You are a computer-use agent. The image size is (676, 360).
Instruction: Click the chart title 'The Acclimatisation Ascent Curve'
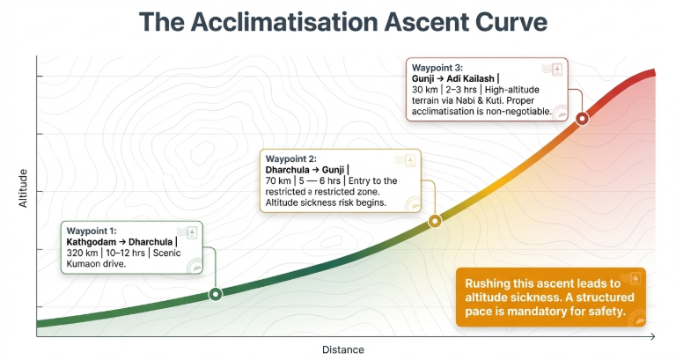[338, 22]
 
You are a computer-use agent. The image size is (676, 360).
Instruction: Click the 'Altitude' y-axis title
[24, 188]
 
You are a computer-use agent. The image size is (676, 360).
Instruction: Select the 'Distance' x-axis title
[342, 349]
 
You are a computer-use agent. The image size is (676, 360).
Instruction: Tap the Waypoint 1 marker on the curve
[215, 294]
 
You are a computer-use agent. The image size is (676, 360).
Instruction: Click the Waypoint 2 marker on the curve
[434, 222]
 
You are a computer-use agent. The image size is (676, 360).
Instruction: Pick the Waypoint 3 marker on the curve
[581, 118]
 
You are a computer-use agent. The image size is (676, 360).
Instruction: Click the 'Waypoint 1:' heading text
[92, 231]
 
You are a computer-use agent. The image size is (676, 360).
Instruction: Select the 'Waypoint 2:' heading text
[290, 158]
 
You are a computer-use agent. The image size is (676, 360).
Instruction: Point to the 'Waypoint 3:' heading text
[437, 67]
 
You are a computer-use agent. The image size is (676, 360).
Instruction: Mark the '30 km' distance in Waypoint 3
[426, 90]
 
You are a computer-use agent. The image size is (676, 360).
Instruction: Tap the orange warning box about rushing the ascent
[550, 297]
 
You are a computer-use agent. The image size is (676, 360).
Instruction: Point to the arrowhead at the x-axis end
[651, 336]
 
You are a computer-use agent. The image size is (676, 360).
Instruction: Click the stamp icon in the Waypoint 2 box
[406, 159]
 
